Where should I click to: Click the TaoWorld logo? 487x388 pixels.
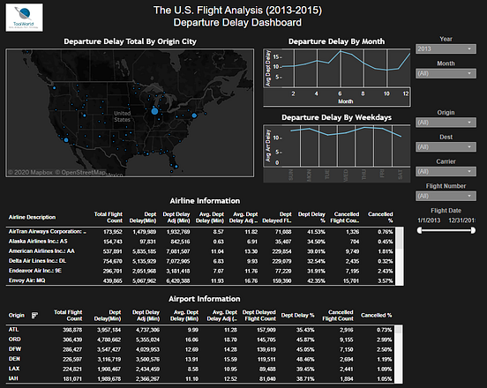25,21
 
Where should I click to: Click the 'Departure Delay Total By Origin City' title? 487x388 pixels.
129,41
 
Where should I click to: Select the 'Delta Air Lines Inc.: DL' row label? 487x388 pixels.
39,261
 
